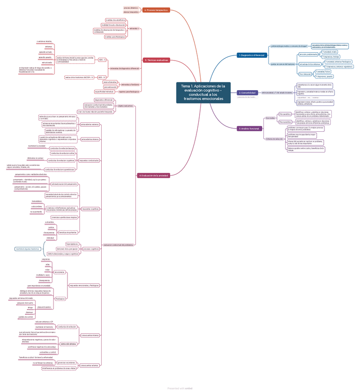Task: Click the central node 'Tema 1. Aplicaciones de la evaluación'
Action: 203,92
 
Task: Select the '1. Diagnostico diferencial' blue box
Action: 252,55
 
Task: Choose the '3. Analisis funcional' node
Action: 249,128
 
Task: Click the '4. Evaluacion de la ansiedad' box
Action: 153,176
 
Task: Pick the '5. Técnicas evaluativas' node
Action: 156,60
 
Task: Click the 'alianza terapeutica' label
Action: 131,12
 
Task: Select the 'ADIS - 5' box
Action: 102,60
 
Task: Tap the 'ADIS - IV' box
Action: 102,77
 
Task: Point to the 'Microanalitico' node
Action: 285,114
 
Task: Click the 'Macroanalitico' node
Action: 285,122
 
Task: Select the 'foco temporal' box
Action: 305,74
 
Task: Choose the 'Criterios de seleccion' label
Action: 275,139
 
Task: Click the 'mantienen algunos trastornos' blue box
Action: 28,249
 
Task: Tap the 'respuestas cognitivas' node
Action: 91,209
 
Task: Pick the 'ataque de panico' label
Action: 44,307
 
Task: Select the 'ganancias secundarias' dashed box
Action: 67,363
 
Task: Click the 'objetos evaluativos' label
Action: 126,106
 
